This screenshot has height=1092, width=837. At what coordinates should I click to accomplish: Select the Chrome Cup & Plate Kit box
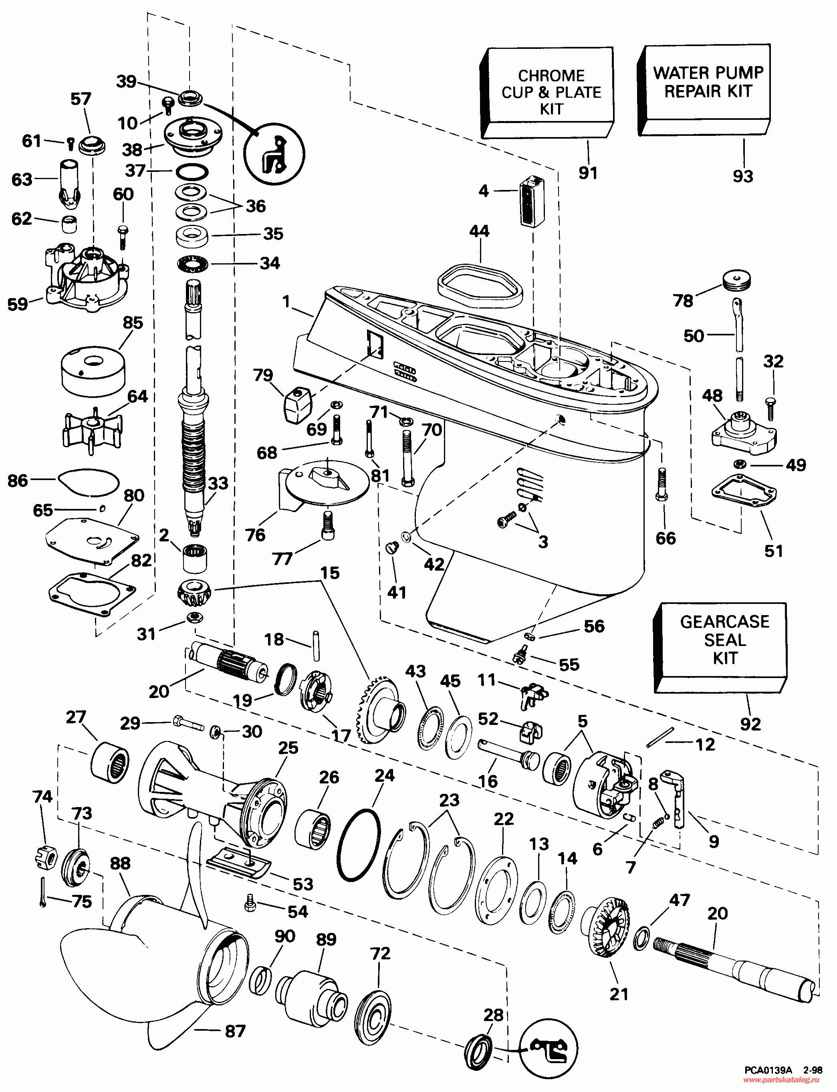point(551,92)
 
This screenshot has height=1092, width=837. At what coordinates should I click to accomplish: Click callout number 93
point(742,176)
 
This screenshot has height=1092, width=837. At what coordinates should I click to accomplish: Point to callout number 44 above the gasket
point(479,231)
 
